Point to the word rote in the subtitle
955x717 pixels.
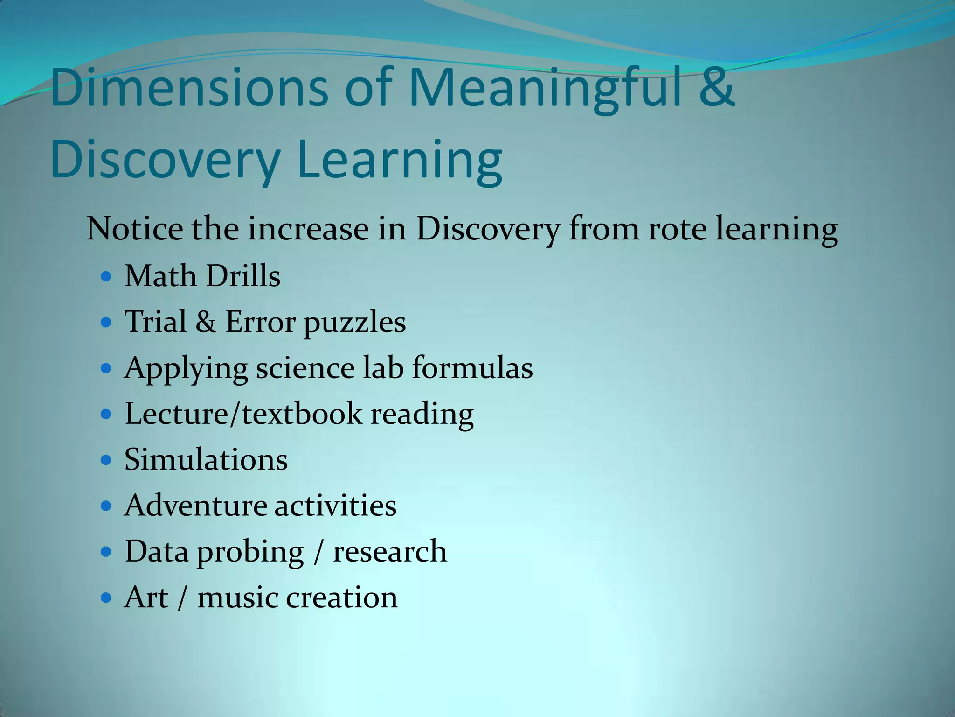click(677, 229)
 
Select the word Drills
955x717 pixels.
click(243, 275)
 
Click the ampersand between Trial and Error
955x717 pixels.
click(205, 322)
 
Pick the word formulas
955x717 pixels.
click(472, 368)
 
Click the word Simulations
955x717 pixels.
click(206, 459)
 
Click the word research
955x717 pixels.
click(389, 551)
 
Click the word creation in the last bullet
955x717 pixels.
click(341, 597)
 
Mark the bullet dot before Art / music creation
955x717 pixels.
click(106, 597)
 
